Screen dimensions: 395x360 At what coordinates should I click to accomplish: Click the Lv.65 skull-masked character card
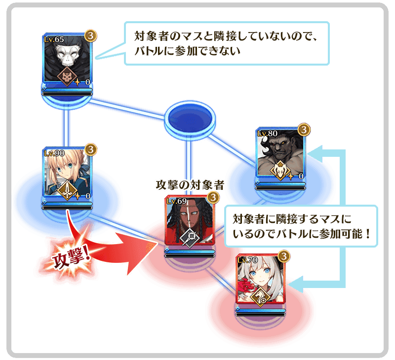point(67,59)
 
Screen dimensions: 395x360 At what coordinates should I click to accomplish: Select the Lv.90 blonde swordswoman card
point(67,173)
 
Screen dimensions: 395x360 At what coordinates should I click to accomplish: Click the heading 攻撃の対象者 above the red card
point(190,185)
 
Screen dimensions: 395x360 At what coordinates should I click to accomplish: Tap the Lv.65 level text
point(54,39)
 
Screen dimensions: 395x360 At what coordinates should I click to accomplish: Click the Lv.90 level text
point(54,153)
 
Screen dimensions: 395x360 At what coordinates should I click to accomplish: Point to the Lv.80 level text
point(267,133)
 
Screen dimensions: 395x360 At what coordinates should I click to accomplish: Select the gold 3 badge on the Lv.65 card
point(91,36)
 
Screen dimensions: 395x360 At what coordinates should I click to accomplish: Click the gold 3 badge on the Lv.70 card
point(284,256)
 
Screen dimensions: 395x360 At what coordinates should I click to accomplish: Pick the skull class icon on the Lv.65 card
point(67,76)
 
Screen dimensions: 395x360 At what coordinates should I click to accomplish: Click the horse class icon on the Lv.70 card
point(261,296)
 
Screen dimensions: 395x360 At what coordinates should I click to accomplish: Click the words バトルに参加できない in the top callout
point(188,51)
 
